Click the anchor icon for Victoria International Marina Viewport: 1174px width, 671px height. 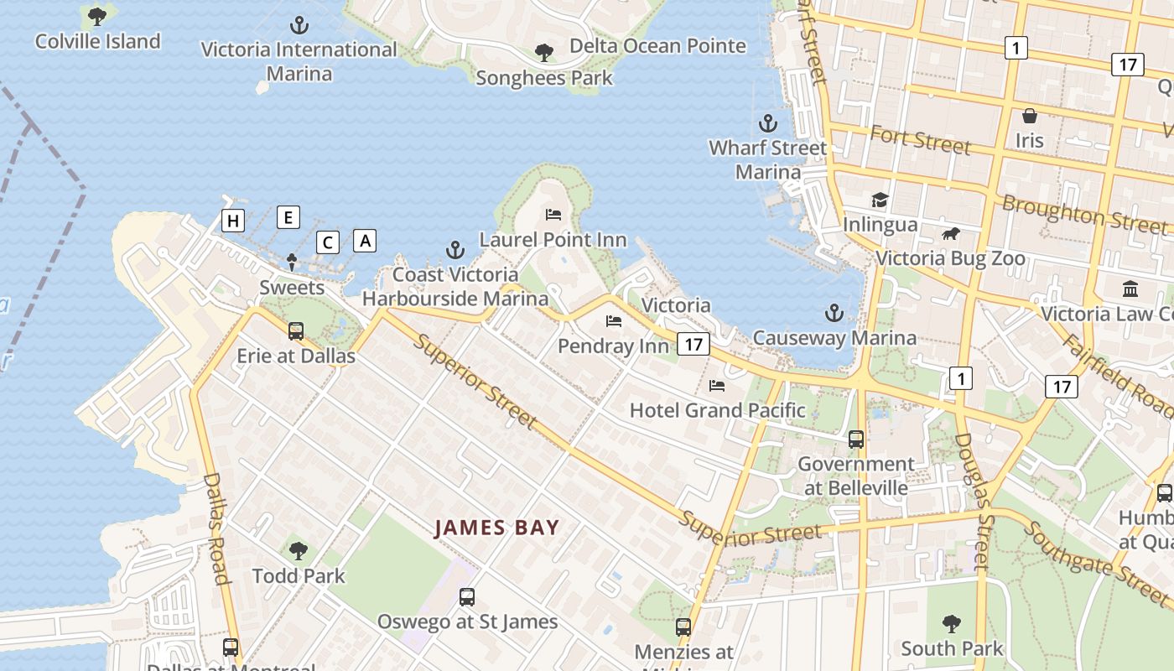pyautogui.click(x=299, y=25)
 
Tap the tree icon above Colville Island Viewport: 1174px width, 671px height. pyautogui.click(x=97, y=15)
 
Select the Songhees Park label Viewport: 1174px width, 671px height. pyautogui.click(x=544, y=78)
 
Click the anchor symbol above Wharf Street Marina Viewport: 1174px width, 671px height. pyautogui.click(x=767, y=124)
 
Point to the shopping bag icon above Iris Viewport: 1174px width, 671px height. pyautogui.click(x=1029, y=116)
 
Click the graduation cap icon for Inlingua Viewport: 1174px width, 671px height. pyautogui.click(x=879, y=200)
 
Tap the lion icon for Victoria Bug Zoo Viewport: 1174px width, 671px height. pyautogui.click(x=950, y=234)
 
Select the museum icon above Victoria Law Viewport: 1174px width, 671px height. pyautogui.click(x=1130, y=289)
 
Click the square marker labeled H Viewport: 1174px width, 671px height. pyautogui.click(x=233, y=221)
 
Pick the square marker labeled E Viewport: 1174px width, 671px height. pyautogui.click(x=288, y=218)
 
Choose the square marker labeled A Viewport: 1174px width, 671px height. pyautogui.click(x=365, y=241)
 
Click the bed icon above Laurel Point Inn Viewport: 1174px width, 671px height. pyautogui.click(x=553, y=215)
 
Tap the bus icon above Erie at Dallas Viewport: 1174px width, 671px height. pyautogui.click(x=295, y=331)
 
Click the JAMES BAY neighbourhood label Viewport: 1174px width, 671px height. pyautogui.click(x=496, y=528)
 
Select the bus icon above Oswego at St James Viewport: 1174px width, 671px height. pyautogui.click(x=467, y=597)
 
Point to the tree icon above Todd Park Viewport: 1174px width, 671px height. pyautogui.click(x=298, y=551)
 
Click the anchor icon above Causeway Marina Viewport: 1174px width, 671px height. pyautogui.click(x=834, y=314)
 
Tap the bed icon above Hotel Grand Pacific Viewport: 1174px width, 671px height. pyautogui.click(x=717, y=386)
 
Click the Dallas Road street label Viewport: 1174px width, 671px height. pyautogui.click(x=216, y=528)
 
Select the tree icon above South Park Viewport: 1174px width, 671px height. pyautogui.click(x=951, y=624)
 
